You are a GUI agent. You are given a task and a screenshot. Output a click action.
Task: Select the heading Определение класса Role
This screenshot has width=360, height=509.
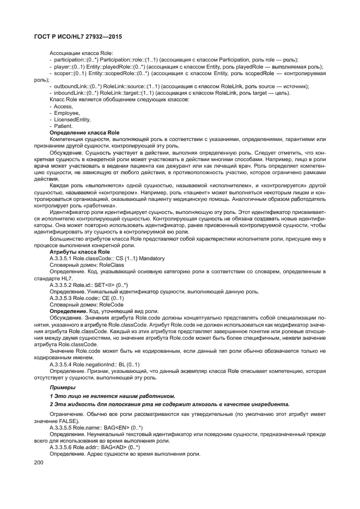[84, 133]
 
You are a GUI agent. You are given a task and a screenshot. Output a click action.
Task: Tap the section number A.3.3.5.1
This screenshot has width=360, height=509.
[60, 259]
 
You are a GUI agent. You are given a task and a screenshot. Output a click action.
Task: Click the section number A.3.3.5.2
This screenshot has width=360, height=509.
[60, 285]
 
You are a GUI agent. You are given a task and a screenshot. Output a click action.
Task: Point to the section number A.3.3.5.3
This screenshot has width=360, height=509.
[60, 298]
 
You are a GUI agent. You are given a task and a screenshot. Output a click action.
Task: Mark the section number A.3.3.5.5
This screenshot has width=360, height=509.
[60, 428]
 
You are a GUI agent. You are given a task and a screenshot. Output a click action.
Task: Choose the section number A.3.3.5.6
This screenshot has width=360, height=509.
[60, 447]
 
